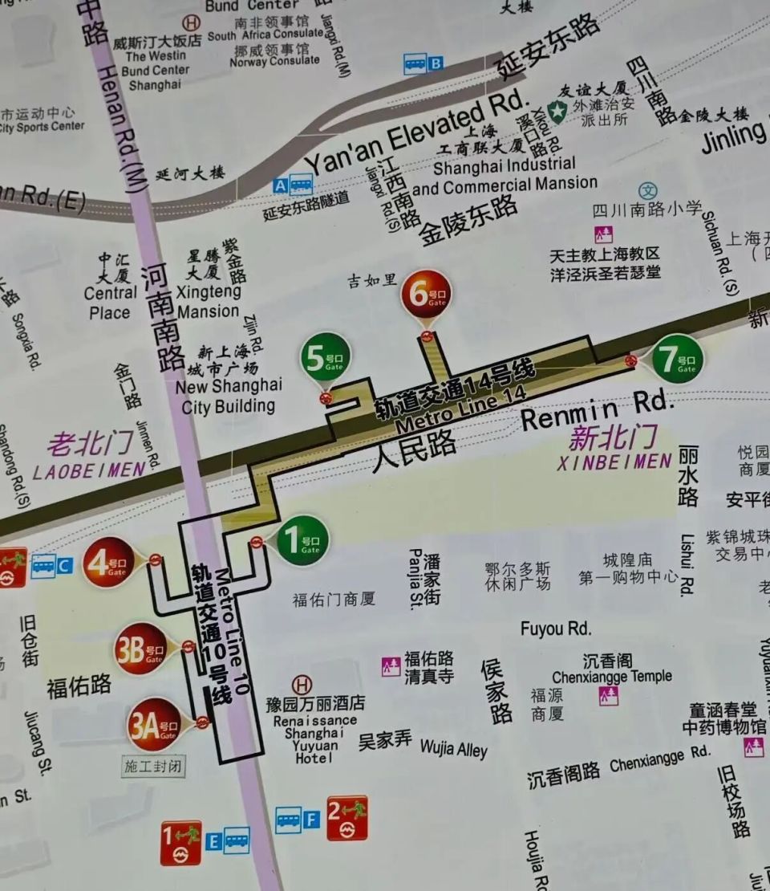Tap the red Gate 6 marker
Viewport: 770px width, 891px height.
coord(426,294)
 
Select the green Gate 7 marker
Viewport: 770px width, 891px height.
coord(677,358)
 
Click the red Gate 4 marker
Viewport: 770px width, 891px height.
coord(108,561)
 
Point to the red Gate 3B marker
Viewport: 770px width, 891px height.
coord(140,648)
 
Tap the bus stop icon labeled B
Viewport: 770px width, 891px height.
coord(415,63)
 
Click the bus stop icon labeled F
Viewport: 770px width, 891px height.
coord(288,820)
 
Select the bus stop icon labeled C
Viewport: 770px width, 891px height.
coord(44,566)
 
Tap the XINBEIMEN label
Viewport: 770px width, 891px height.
coord(614,462)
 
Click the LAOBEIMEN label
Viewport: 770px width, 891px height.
coord(89,470)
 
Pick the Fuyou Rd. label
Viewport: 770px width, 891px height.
coord(555,629)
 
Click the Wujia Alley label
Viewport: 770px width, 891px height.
coord(453,749)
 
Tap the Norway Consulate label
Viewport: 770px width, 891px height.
coord(274,60)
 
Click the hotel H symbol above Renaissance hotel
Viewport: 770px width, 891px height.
coord(302,685)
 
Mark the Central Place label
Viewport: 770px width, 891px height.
coord(110,303)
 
